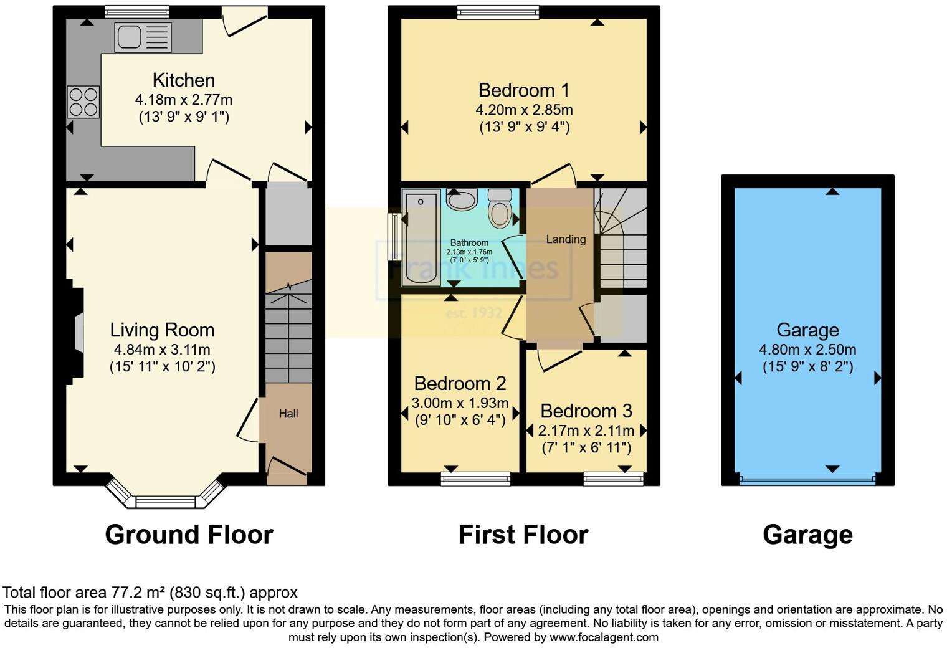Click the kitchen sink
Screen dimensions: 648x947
143,37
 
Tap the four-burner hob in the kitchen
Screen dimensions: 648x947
83,102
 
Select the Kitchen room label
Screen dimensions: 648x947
184,80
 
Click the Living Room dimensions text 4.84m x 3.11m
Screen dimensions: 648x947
162,350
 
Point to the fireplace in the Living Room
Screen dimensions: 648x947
77,333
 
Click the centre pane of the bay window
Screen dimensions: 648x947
166,501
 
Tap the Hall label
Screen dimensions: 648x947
288,414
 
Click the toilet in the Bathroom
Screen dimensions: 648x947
500,208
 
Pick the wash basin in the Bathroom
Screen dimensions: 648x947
462,199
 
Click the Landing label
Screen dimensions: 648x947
566,239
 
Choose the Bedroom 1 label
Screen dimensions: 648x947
524,90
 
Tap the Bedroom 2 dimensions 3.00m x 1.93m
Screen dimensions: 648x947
460,403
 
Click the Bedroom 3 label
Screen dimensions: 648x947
586,411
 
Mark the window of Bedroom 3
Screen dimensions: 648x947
614,479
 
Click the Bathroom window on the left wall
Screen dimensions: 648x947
394,237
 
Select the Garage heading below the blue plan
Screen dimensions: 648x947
807,535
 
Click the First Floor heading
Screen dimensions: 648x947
523,535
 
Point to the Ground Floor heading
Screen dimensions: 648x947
189,535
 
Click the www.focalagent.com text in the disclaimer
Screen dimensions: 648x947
604,637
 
